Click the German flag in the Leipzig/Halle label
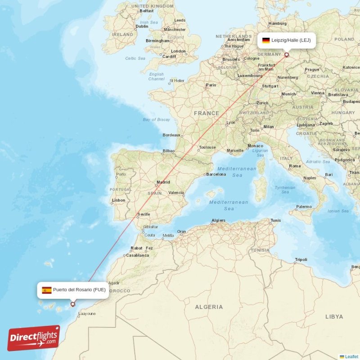266,40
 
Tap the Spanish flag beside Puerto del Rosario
47,290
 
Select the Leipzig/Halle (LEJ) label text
291,40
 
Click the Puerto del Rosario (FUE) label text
79,290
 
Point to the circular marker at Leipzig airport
286,55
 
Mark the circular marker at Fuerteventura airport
72,304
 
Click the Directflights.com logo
34,338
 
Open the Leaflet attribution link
351,356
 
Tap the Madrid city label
163,182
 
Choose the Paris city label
211,85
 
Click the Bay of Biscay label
156,120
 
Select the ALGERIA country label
208,307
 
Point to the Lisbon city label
119,200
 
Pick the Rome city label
295,166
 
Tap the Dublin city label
142,26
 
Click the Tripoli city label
301,260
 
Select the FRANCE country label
207,113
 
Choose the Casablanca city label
137,255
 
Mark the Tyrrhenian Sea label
285,189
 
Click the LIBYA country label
334,317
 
